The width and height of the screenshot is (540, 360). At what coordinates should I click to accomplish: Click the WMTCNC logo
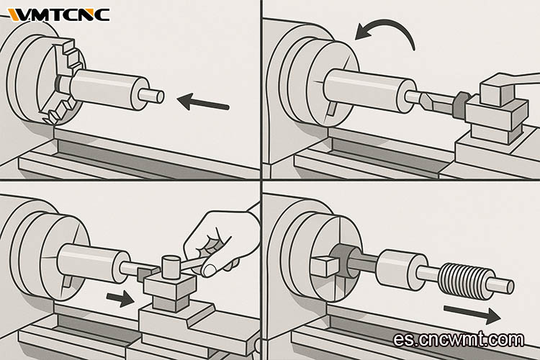[59, 15]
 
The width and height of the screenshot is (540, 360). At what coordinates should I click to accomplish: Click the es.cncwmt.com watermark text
[459, 339]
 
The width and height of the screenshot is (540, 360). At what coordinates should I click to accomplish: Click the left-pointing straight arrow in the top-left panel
[203, 102]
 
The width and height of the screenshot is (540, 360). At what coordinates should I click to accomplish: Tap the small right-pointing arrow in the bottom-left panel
[120, 299]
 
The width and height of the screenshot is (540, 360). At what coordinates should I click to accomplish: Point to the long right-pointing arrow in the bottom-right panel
[472, 312]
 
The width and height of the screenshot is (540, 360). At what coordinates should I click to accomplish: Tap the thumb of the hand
[215, 267]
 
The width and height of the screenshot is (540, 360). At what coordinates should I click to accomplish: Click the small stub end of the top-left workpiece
[151, 96]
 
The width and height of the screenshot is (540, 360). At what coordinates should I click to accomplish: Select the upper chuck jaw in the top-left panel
[71, 54]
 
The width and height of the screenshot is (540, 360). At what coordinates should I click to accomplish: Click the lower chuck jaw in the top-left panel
[58, 110]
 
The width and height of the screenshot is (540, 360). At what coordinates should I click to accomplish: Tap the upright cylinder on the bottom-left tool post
[171, 266]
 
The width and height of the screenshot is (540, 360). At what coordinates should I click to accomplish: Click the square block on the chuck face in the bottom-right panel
[325, 266]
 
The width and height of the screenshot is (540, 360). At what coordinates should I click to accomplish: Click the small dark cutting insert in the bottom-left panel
[145, 274]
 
